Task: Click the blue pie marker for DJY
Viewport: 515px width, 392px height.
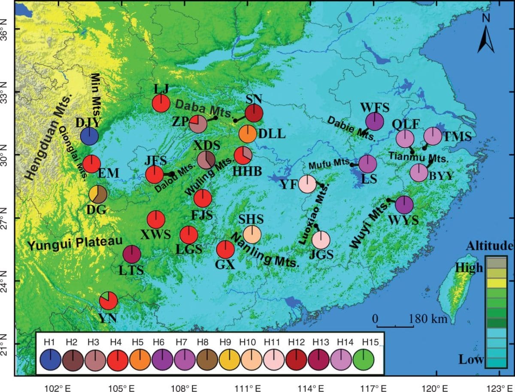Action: tap(89, 136)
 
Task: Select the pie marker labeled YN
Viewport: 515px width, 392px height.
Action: tap(108, 301)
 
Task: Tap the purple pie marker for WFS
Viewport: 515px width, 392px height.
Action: tap(375, 121)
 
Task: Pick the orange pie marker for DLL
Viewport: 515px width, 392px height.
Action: tap(248, 134)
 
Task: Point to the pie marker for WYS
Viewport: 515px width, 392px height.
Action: tap(404, 205)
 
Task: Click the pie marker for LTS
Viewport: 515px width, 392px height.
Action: tap(132, 254)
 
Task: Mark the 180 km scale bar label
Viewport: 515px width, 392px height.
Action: tap(429, 319)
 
